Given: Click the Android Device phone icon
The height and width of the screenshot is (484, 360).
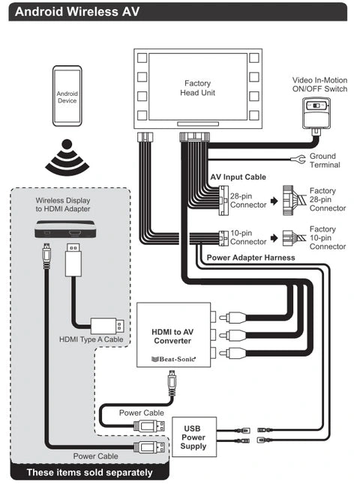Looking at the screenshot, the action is coord(67,96).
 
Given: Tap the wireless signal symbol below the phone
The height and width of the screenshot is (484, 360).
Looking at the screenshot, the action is coord(67,156).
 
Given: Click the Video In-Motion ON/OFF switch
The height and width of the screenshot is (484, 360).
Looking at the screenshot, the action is coord(316,113).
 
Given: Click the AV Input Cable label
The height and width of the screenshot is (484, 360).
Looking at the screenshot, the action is coord(238,177).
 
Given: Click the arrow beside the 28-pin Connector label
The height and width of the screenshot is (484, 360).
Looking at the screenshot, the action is coord(274,202).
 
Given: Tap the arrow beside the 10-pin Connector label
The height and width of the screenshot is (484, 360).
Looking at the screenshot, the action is coord(274,238).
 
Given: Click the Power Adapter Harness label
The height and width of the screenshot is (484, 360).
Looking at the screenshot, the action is coord(250,258).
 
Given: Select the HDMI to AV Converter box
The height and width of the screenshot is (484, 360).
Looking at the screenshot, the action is coord(174,335).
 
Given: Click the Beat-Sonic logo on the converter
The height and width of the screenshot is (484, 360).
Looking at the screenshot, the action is coord(174,359).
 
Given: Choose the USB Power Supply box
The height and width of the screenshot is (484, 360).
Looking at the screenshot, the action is coord(193,437).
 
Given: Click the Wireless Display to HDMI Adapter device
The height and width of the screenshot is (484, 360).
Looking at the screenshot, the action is coord(64,229).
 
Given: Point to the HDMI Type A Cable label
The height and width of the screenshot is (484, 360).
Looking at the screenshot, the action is coord(91,339).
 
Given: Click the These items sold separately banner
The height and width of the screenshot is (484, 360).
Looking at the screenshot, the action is coord(89,472).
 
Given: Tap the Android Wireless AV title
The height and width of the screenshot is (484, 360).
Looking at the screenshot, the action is coord(77,12).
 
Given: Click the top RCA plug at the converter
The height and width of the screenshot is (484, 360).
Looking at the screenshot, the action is coord(232,317).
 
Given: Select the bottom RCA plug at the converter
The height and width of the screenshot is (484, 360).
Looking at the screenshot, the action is coord(232,353).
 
